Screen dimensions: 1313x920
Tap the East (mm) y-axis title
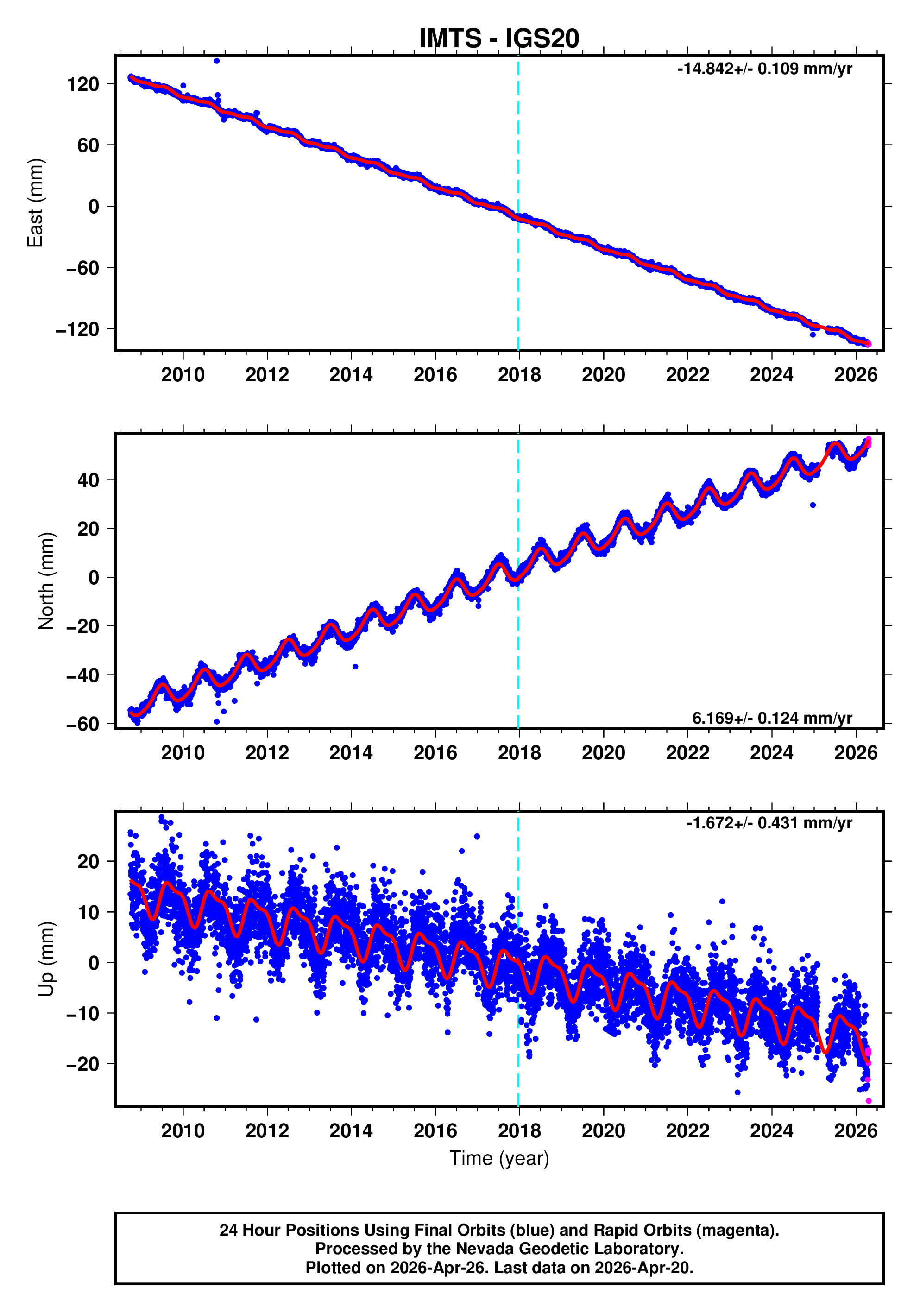36,203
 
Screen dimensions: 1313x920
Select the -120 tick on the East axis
77,329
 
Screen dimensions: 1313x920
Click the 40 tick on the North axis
88,480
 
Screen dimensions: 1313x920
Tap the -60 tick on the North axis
82,725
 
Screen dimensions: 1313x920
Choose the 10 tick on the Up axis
88,912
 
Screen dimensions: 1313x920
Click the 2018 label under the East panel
519,375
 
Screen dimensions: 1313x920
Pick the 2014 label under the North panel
351,753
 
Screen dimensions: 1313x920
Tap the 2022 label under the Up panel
687,1131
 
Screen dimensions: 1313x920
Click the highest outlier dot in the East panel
217,61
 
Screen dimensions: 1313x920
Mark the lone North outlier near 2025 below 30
813,505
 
